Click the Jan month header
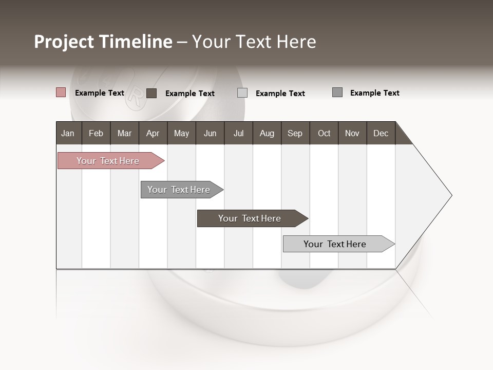(x=68, y=133)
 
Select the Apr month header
(x=153, y=133)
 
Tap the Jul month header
(x=238, y=133)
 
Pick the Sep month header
(x=295, y=133)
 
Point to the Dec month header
(x=381, y=133)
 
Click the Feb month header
(x=96, y=133)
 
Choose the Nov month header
(x=352, y=133)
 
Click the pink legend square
(x=61, y=92)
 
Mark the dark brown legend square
(x=151, y=93)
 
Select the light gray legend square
(x=242, y=93)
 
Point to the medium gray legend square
(x=337, y=92)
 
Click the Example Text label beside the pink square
(x=100, y=93)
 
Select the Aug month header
(x=267, y=133)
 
